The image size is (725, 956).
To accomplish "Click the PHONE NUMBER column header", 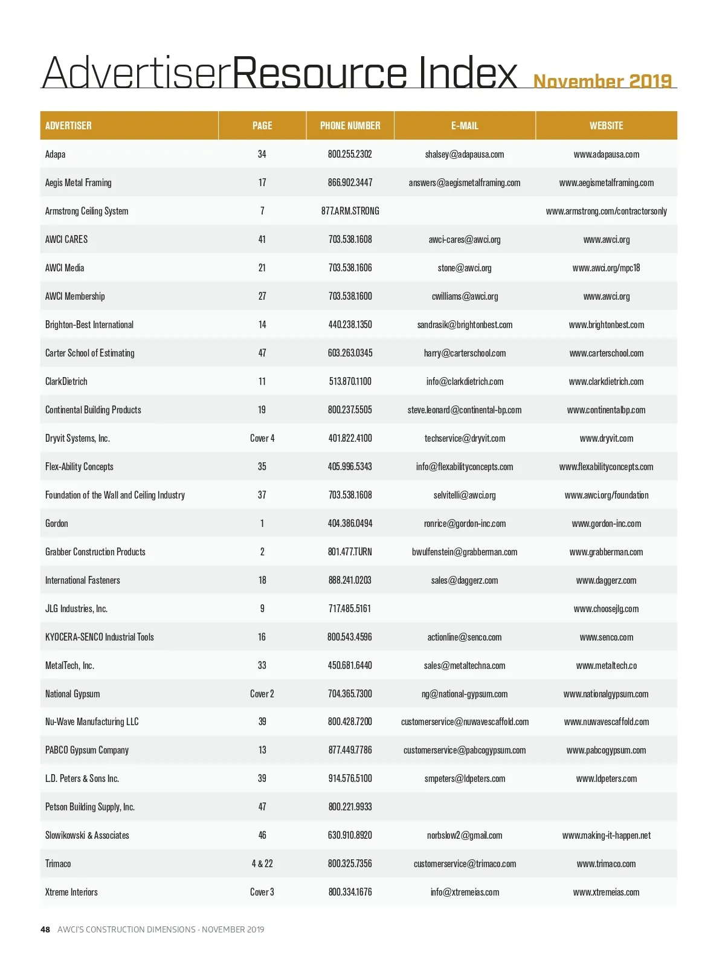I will [x=350, y=126].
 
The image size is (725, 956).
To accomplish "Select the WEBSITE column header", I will [x=606, y=126].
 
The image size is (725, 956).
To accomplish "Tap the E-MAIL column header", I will [x=465, y=126].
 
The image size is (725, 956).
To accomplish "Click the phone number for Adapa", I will [x=350, y=154].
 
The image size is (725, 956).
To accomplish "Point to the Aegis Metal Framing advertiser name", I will [x=79, y=182].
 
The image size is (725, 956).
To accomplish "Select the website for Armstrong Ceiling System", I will [x=606, y=211].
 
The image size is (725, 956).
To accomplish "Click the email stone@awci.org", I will [x=465, y=268].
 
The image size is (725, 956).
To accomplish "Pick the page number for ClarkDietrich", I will [x=262, y=381].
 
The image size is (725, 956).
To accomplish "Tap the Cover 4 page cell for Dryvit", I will [x=262, y=438].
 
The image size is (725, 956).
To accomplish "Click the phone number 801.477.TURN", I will [x=350, y=552].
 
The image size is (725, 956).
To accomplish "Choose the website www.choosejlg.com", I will [x=606, y=609].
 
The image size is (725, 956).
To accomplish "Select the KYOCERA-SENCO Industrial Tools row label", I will [x=100, y=637].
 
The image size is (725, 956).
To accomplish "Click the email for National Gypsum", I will [x=465, y=694].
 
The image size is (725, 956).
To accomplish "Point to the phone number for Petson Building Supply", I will [x=350, y=807].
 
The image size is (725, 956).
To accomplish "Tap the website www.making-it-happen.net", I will [x=606, y=835].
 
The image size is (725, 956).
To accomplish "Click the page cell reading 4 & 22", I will [x=262, y=864].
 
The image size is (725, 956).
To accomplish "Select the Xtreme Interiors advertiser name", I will [x=71, y=892].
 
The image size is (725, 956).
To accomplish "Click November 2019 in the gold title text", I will [x=602, y=81].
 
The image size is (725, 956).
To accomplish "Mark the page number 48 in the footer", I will [x=45, y=929].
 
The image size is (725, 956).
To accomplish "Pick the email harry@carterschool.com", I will [x=465, y=353].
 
